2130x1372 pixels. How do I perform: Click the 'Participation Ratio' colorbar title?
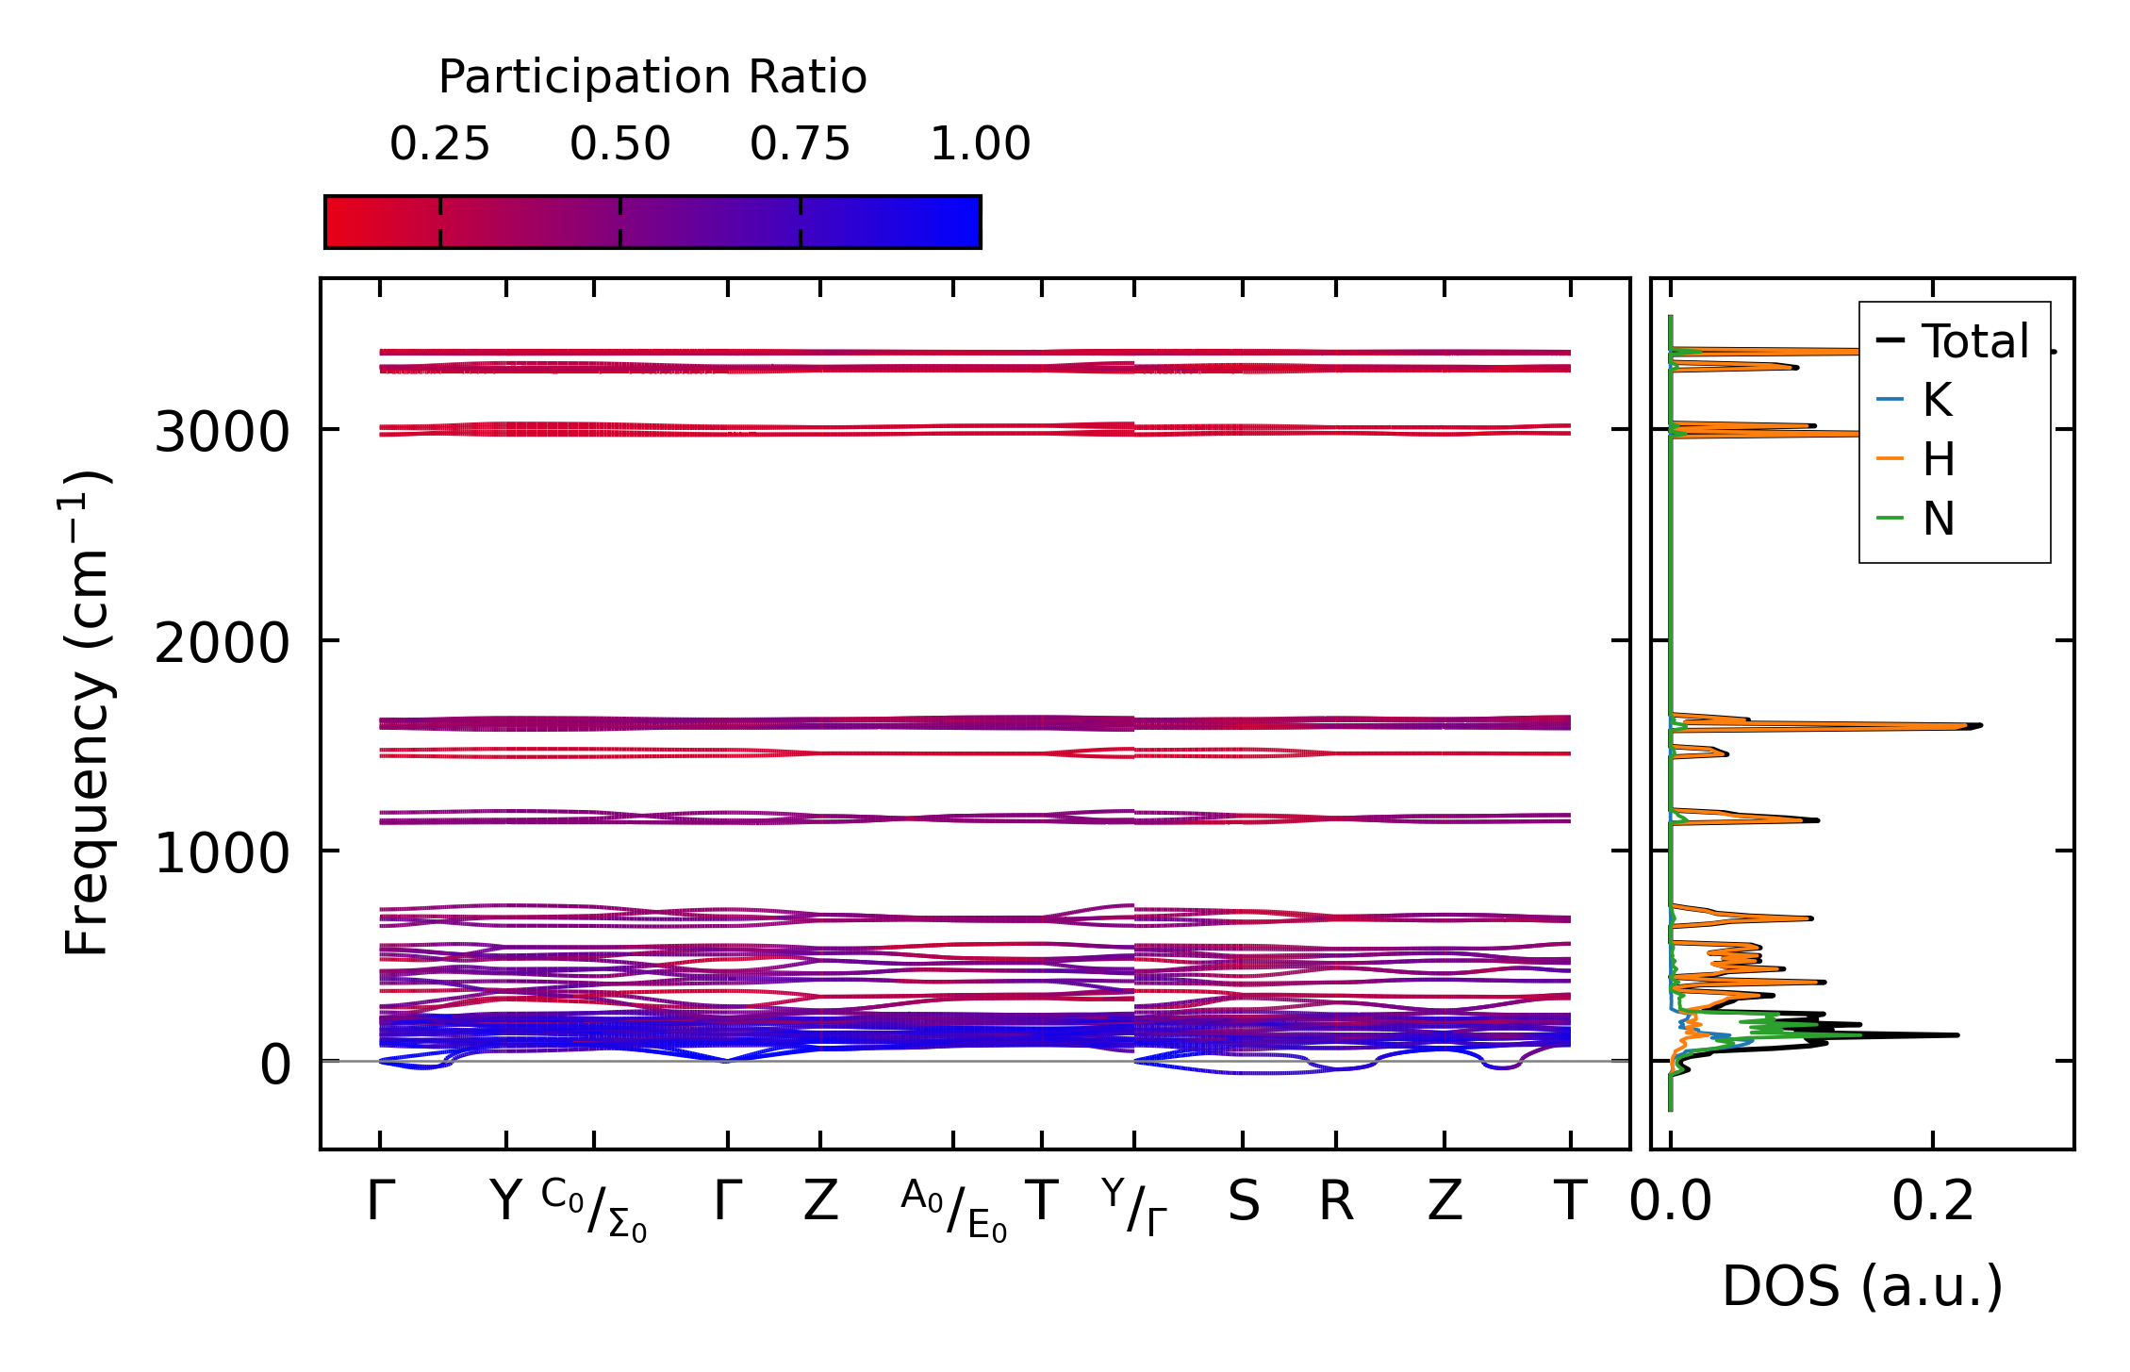[x=652, y=77]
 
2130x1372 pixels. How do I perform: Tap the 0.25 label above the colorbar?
[x=439, y=145]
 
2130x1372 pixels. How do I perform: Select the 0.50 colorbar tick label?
[x=619, y=145]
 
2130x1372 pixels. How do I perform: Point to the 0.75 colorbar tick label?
[x=800, y=145]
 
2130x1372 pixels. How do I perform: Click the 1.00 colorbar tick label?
[x=980, y=145]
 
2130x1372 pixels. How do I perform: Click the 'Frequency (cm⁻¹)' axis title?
[x=87, y=713]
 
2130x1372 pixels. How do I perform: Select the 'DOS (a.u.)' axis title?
[x=1862, y=1286]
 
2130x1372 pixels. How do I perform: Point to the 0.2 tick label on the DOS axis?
[x=1932, y=1202]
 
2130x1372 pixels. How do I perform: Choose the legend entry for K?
[x=1937, y=401]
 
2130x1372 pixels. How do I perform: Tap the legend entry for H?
[x=1939, y=460]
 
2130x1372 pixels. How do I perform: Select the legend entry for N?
[x=1939, y=520]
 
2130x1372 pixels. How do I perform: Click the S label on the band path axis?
[x=1243, y=1202]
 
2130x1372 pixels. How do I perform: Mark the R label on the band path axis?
[x=1335, y=1202]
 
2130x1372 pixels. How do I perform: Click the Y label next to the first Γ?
[x=505, y=1202]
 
